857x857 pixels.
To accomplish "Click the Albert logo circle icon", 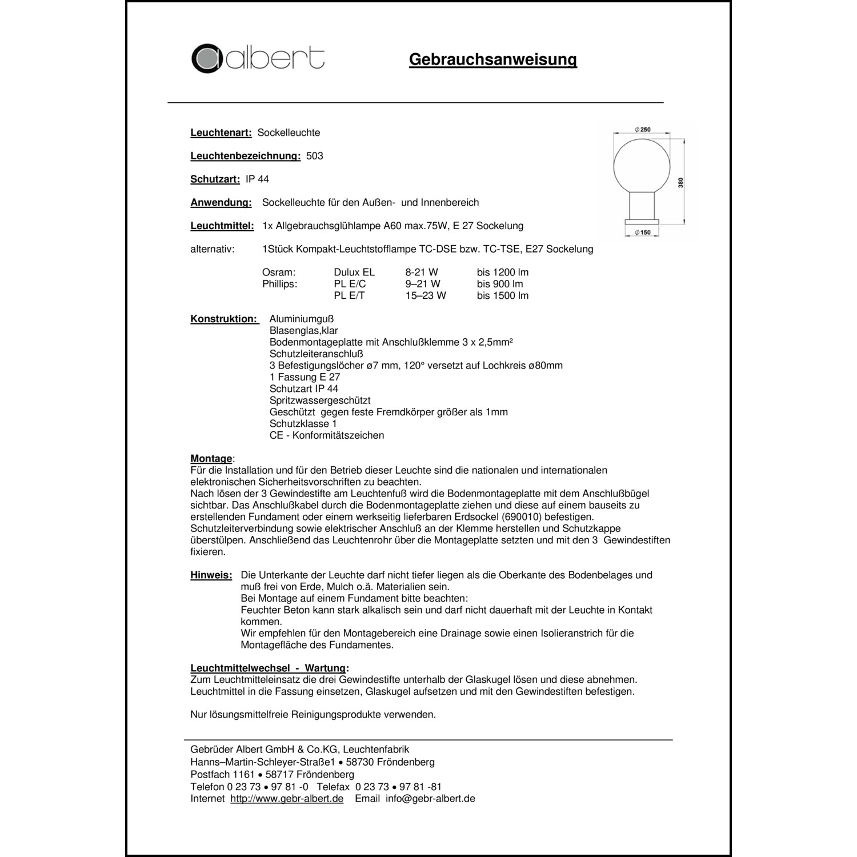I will pyautogui.click(x=206, y=58).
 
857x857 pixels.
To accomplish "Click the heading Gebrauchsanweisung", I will pyautogui.click(x=492, y=59).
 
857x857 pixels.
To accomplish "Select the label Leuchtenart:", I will pyautogui.click(x=221, y=133).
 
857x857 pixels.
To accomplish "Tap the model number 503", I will pyautogui.click(x=314, y=156).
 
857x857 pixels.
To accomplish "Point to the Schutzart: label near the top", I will pyautogui.click(x=215, y=179).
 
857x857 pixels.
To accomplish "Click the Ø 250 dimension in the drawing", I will pyautogui.click(x=643, y=130).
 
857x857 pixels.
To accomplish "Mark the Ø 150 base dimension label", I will pyautogui.click(x=643, y=233).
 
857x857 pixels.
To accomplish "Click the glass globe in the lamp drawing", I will pyautogui.click(x=642, y=163).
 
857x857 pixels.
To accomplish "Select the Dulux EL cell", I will pyautogui.click(x=354, y=273).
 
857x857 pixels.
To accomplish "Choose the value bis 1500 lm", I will pyautogui.click(x=503, y=296).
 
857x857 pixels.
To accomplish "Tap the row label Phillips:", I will pyautogui.click(x=279, y=284).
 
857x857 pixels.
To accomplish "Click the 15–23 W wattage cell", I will pyautogui.click(x=426, y=296).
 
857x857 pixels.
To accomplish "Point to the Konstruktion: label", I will pyautogui.click(x=224, y=319).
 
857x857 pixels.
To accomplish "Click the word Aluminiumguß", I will pyautogui.click(x=301, y=319).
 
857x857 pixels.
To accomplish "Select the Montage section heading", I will pyautogui.click(x=211, y=459).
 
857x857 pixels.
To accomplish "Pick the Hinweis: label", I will pyautogui.click(x=211, y=575).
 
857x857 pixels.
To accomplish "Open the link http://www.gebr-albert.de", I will pyautogui.click(x=287, y=799).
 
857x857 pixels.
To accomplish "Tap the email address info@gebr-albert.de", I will pyautogui.click(x=430, y=799).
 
